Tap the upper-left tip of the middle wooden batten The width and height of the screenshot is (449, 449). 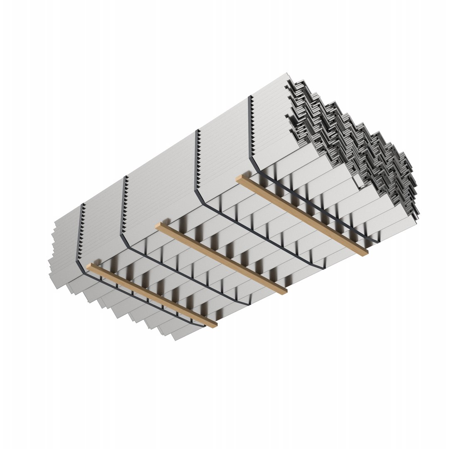[x=158, y=225]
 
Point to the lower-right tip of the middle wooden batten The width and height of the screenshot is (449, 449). [x=284, y=291]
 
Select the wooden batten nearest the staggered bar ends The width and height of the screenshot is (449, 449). [x=152, y=294]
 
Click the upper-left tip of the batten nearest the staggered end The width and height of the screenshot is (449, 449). [x=89, y=265]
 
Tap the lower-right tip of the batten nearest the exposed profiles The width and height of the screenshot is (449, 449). [x=366, y=254]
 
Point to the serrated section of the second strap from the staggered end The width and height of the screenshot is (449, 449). [x=123, y=204]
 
